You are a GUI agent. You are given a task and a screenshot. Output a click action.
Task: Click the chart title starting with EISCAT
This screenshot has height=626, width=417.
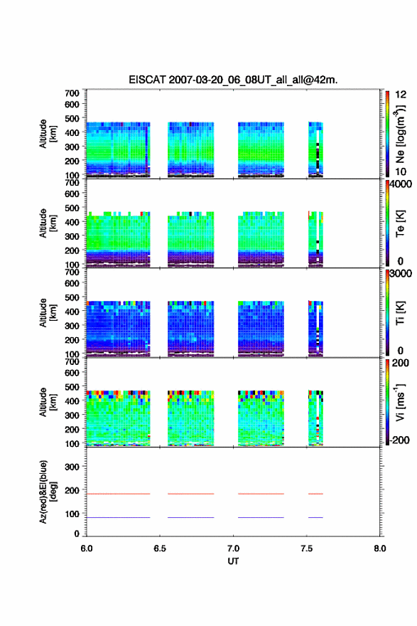coord(233,80)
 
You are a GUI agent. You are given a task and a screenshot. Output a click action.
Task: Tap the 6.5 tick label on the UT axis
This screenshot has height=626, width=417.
coord(159,548)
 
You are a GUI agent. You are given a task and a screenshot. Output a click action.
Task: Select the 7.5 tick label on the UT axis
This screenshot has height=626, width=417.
coord(307,548)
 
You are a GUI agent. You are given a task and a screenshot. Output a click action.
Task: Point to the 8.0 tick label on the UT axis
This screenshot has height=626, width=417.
coord(379,548)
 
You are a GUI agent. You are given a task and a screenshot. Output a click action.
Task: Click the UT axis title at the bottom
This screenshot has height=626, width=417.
coord(233,561)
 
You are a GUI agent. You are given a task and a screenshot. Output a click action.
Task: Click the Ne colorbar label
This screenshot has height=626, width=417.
coord(400,134)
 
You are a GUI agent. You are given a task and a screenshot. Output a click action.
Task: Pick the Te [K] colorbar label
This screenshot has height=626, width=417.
coord(400,223)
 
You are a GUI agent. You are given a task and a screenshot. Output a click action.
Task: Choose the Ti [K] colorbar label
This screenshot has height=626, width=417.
coord(400,313)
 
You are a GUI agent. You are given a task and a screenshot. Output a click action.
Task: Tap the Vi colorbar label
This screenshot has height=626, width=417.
coord(400,402)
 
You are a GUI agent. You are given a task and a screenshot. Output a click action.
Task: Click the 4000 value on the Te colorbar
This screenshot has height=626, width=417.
coord(401,184)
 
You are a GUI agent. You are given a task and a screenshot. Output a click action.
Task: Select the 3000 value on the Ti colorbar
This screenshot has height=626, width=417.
coord(401,274)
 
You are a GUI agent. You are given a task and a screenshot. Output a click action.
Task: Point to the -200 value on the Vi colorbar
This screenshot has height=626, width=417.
coord(399,440)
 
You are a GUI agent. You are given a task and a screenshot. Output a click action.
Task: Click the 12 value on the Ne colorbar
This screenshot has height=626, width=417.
coord(401,95)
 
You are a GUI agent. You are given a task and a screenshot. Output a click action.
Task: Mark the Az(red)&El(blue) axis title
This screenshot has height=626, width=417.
coord(48,492)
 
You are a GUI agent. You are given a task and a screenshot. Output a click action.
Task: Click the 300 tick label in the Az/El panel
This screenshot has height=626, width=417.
coord(72,467)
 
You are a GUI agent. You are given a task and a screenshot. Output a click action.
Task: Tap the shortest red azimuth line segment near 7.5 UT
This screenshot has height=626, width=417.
coord(315,494)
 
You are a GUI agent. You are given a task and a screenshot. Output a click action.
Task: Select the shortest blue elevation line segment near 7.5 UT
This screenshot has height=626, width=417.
coord(315,517)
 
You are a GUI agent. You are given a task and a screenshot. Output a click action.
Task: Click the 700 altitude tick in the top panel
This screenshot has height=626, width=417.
coord(72,93)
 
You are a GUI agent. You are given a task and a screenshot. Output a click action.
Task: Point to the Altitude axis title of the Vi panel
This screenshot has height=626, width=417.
coord(48,402)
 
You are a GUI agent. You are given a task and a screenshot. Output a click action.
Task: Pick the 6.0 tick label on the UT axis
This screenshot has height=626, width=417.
coord(87,548)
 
